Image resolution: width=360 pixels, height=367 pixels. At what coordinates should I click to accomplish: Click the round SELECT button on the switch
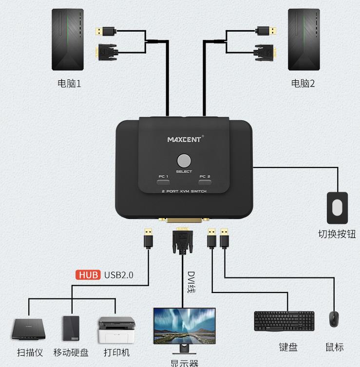(184, 161)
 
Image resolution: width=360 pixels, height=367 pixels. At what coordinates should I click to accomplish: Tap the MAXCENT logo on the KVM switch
(184, 139)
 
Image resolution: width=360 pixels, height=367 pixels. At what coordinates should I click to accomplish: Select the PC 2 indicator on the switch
(205, 183)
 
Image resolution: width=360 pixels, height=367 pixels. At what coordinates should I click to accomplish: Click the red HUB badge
(88, 275)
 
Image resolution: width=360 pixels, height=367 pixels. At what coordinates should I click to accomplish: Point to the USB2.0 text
(118, 275)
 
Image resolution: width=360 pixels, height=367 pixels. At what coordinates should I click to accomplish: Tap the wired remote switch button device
(337, 207)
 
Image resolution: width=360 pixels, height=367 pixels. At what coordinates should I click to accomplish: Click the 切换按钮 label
(337, 234)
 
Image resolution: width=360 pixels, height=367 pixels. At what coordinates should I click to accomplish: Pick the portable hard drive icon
(71, 329)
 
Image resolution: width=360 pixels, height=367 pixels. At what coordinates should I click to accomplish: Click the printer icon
(116, 330)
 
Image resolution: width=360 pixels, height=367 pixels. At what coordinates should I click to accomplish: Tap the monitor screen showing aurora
(184, 325)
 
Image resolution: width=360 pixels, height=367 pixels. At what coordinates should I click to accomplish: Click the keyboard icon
(284, 321)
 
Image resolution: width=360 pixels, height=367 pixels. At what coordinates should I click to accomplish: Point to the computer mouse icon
(334, 319)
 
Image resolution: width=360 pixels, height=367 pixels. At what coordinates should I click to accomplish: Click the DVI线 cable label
(191, 282)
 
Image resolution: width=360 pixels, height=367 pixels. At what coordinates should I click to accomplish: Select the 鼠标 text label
(334, 347)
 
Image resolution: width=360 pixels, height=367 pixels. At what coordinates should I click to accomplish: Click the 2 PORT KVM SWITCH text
(184, 192)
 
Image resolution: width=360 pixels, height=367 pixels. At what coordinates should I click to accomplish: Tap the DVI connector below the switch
(182, 241)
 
